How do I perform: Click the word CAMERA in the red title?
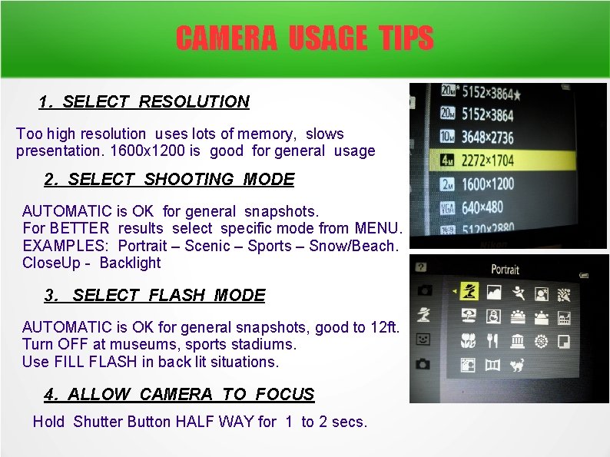pos(226,38)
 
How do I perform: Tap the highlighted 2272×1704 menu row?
pos(507,161)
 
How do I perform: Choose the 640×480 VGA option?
pos(482,207)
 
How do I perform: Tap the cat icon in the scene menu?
pos(519,365)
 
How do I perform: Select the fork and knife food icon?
pos(492,340)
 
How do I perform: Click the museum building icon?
pos(517,340)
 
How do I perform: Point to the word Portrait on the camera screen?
pos(506,269)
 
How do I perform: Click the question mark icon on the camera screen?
pos(420,267)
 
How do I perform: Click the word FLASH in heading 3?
pos(178,295)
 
